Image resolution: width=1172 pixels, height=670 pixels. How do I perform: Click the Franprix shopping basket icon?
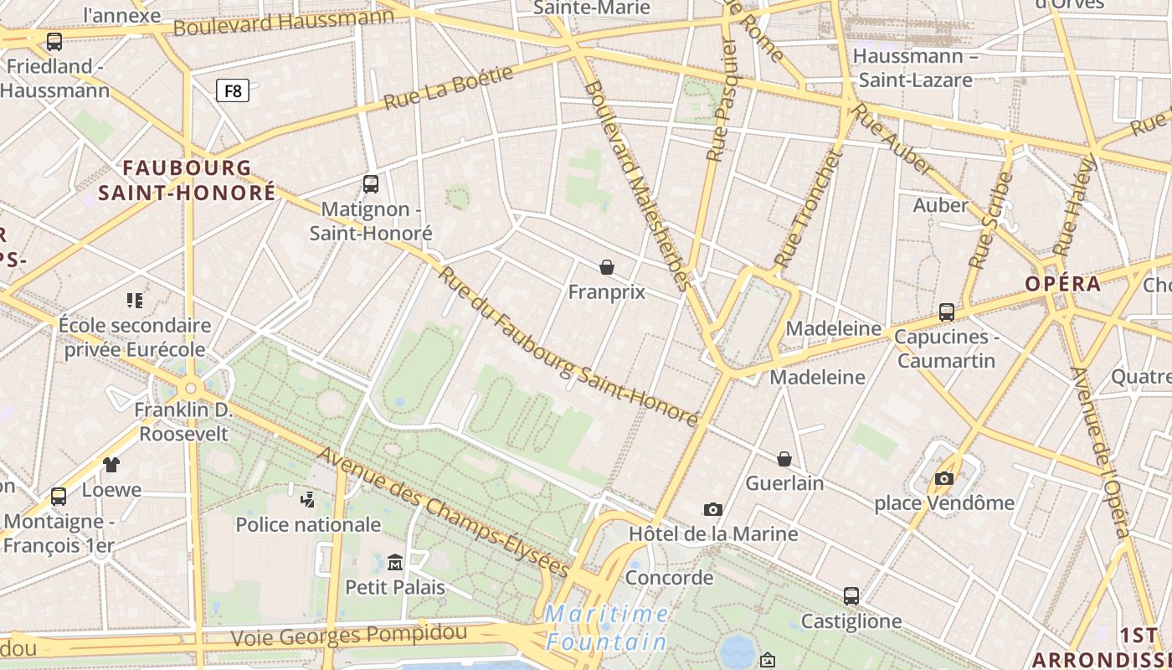[x=607, y=267]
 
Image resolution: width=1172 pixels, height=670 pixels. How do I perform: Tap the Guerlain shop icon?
[x=784, y=459]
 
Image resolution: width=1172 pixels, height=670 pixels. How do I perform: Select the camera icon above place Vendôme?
[x=944, y=478]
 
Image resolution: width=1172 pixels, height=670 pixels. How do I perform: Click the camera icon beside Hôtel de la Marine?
[x=713, y=509]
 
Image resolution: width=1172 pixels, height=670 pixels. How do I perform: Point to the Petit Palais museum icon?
[x=395, y=562]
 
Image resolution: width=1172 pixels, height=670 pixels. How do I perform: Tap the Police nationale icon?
[x=307, y=500]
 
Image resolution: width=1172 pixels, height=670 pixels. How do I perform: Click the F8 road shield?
[x=233, y=90]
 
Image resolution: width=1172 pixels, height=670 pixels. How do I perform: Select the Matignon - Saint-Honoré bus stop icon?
[x=371, y=184]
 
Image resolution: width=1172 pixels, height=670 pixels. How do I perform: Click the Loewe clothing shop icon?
[x=111, y=465]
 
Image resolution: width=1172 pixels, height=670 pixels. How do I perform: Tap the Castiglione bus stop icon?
[x=851, y=596]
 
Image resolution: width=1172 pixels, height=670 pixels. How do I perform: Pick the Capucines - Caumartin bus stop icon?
[x=947, y=312]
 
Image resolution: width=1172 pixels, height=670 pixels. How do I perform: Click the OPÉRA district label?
[x=1063, y=284]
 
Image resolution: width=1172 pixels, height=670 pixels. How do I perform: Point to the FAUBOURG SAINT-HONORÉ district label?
[x=187, y=180]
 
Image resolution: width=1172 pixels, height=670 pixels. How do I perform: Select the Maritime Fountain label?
[x=607, y=628]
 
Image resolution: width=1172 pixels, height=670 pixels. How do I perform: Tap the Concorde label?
[x=669, y=578]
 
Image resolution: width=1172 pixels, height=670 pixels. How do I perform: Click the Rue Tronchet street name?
[x=805, y=209]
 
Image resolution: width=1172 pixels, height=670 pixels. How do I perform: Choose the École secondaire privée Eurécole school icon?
[x=135, y=300]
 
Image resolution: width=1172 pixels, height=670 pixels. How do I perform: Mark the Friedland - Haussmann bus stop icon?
[x=54, y=41]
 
